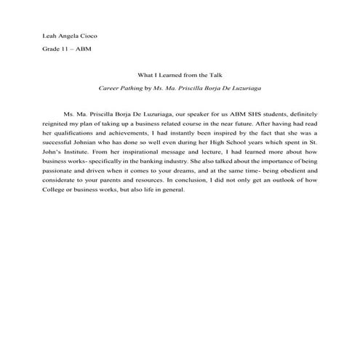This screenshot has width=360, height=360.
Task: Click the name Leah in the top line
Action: (x=51, y=36)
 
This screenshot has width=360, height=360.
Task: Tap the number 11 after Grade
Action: (x=65, y=49)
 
